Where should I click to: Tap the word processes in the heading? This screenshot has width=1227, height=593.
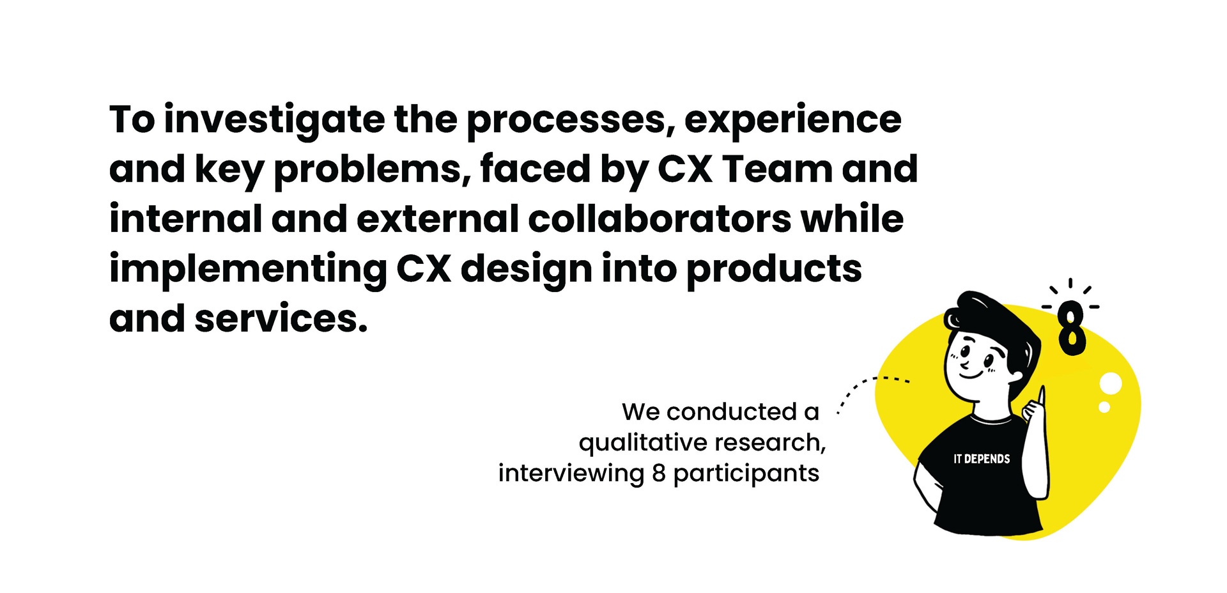pos(571,121)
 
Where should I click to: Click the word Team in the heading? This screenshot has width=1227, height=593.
pos(777,169)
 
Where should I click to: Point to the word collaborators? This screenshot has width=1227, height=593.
pos(660,219)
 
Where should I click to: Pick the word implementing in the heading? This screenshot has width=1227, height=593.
pos(248,270)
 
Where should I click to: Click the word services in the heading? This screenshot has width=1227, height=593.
pos(281,318)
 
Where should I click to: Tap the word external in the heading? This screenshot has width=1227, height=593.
pos(437,219)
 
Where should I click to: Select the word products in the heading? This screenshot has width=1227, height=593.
pos(774,270)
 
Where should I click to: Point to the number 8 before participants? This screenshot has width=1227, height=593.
pos(659,474)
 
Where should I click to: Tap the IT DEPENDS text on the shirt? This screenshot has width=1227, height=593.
pos(982,459)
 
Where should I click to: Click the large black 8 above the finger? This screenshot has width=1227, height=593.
pos(1072,328)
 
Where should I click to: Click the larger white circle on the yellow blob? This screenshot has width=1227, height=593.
pos(1111,383)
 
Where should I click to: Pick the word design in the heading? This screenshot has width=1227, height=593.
pos(527,270)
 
